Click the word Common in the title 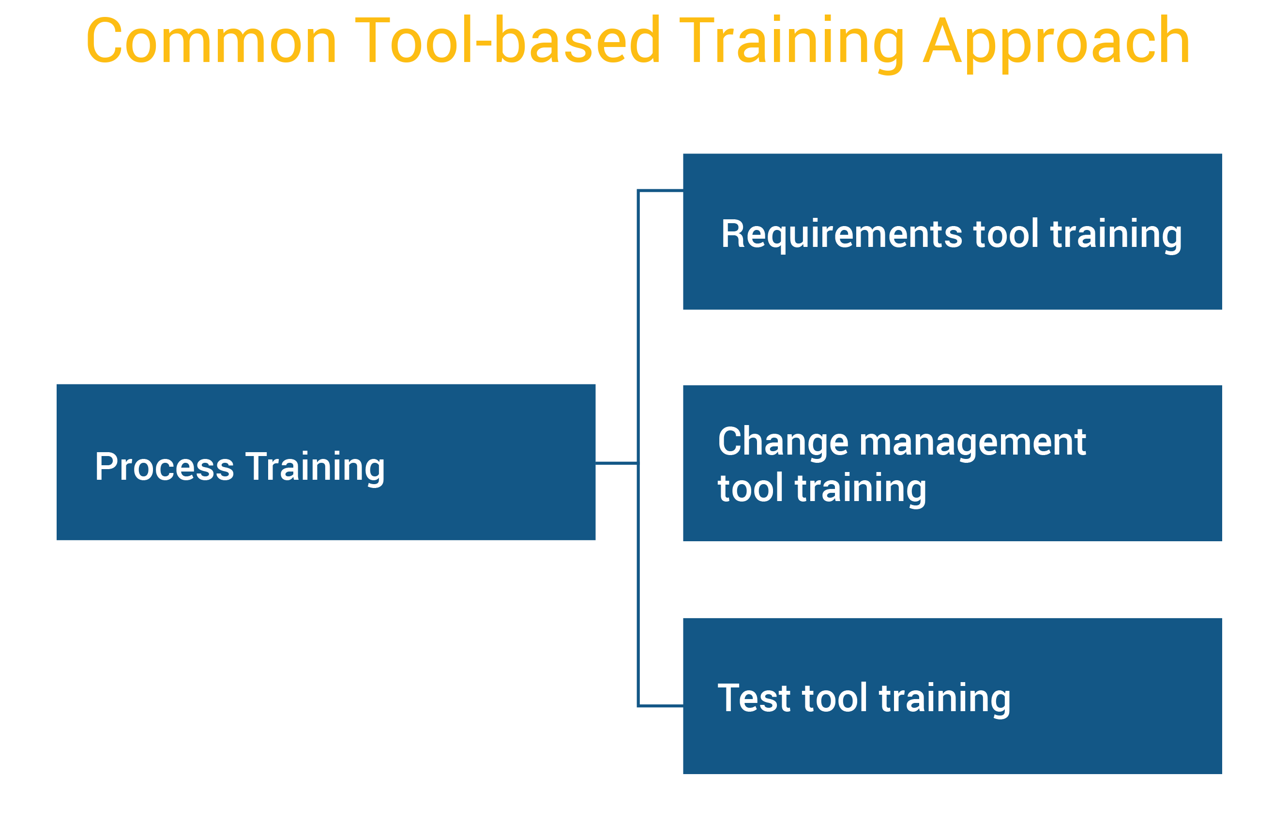pos(211,42)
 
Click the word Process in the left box pos(164,467)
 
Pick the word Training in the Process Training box pos(315,467)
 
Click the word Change pos(783,442)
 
